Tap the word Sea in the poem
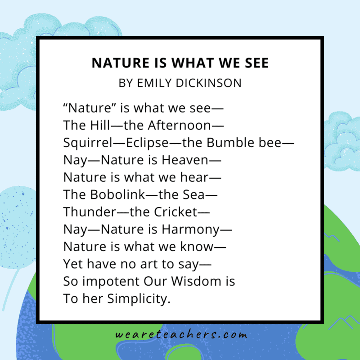196,194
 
